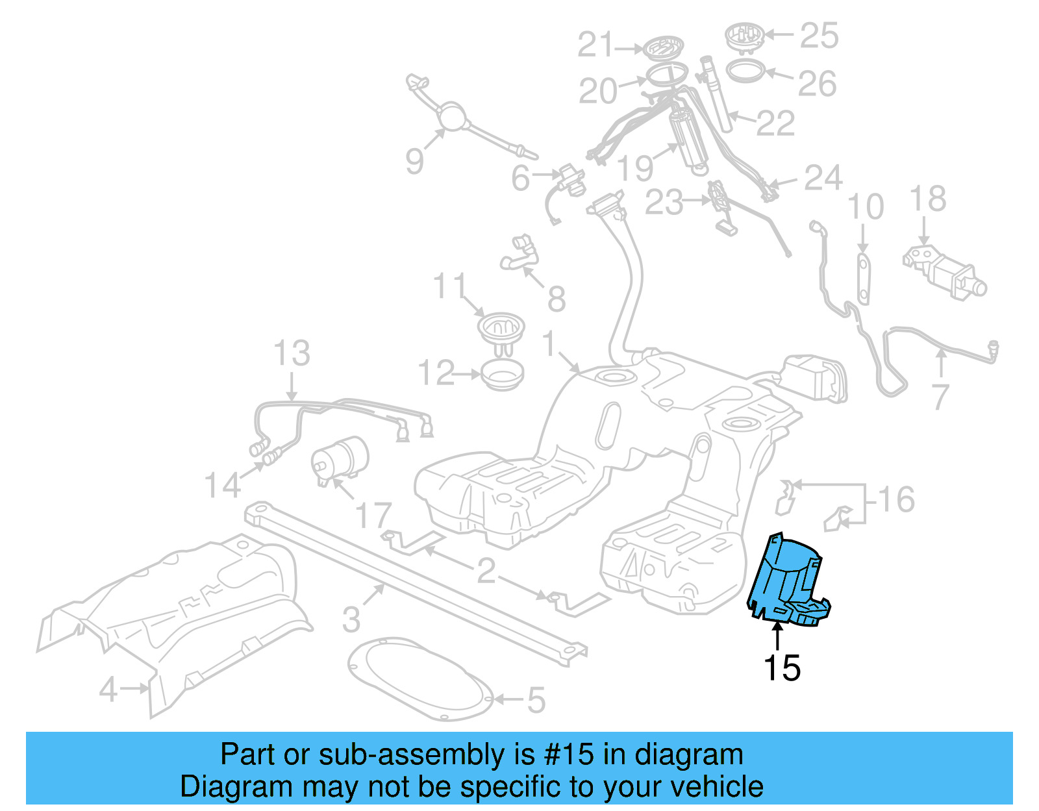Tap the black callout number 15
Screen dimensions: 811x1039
click(x=782, y=668)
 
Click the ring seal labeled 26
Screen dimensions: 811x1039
click(x=745, y=70)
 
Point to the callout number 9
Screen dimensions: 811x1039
click(x=414, y=160)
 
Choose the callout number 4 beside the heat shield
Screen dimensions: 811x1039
click(x=108, y=688)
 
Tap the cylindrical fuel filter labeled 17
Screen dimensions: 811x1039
click(x=340, y=458)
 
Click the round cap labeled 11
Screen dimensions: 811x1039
click(x=501, y=328)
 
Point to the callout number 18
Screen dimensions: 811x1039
click(x=928, y=199)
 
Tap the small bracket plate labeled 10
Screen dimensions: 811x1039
click(x=863, y=279)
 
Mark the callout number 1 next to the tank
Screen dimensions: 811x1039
click(x=549, y=343)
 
